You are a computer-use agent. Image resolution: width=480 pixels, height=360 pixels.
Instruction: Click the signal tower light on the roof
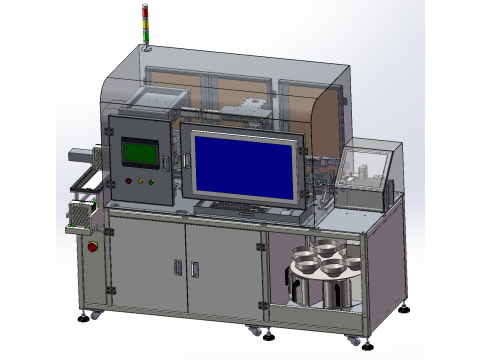click(x=147, y=26)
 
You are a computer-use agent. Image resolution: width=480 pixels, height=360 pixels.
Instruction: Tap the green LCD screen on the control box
click(x=140, y=153)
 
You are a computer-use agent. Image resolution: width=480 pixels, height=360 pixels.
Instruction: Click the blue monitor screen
click(x=245, y=165)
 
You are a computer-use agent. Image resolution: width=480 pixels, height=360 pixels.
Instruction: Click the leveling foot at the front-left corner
click(x=82, y=321)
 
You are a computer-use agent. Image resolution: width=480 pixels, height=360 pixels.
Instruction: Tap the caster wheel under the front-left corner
click(x=98, y=315)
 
